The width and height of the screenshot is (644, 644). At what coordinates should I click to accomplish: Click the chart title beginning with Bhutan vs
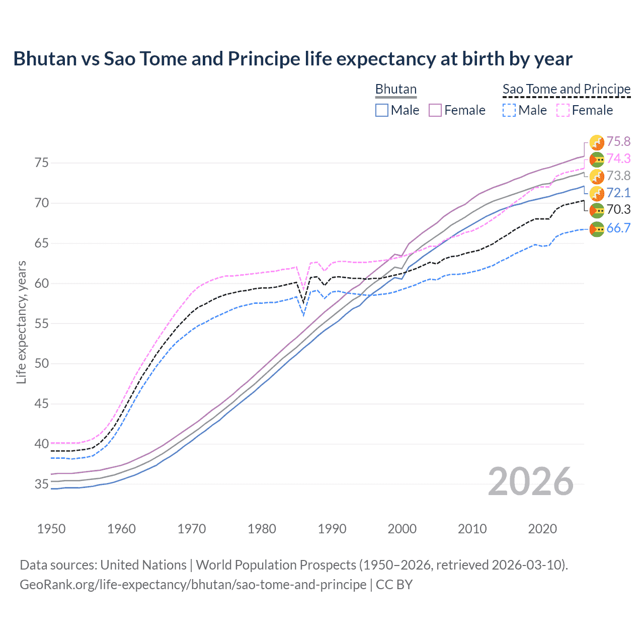pos(292,59)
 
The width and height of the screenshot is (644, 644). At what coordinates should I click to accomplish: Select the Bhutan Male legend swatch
pos(382,110)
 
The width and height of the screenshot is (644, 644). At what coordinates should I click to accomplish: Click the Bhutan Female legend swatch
pos(435,110)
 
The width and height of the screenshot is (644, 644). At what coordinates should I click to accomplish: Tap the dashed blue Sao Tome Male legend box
pos(509,110)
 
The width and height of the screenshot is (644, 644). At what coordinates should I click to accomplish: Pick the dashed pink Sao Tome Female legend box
pos(563,110)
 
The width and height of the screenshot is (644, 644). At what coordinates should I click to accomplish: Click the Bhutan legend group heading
pos(396,89)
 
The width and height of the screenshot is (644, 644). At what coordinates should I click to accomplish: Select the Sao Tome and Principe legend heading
pos(567,89)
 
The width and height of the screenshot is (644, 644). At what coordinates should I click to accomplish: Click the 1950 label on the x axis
pos(51,529)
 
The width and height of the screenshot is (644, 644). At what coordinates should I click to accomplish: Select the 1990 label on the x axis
pos(332,529)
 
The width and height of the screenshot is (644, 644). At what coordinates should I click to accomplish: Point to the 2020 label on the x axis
pos(542,529)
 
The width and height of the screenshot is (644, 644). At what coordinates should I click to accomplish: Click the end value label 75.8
pos(618,142)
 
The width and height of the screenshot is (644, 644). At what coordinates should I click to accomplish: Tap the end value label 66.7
pos(618,228)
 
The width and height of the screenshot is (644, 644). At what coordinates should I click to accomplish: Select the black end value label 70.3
pos(618,210)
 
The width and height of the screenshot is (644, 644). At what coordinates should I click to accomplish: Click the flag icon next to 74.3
pos(597,159)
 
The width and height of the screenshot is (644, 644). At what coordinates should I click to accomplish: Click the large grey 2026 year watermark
pos(531,482)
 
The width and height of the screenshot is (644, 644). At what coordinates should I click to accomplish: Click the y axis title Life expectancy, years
pos(21,323)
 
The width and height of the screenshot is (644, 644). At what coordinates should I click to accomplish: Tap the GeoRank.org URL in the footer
pos(193,585)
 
